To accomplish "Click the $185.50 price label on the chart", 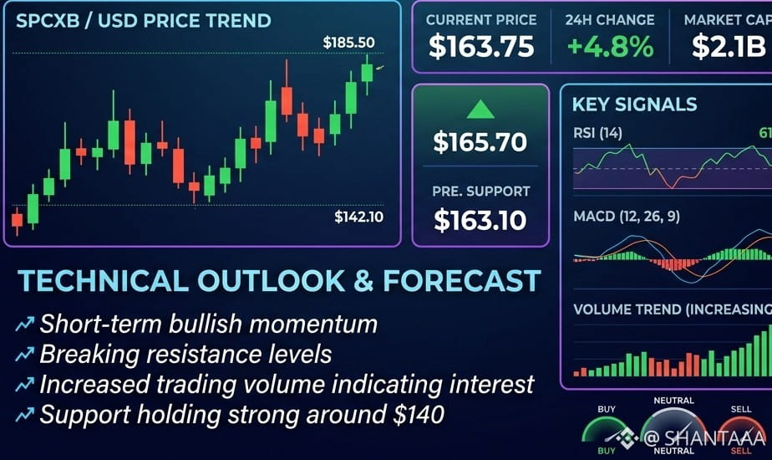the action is coord(348,43).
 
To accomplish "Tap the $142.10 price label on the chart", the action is coord(359,217).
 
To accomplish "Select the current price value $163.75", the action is coord(481,47).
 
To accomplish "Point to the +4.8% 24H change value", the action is coord(610,47).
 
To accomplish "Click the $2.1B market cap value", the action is coord(729,47).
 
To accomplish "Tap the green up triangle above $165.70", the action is coord(480,110).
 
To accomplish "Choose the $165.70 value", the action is coord(480,142).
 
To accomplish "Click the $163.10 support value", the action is coord(480,220).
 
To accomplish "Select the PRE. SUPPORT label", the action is coord(481,192).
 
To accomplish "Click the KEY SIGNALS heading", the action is coord(634,105).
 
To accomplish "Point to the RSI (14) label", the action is coord(597,133).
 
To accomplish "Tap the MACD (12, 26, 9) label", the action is coord(627,217).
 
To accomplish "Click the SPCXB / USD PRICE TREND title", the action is coord(143,21).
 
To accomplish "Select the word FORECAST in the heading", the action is coord(462,281).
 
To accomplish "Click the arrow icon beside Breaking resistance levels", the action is coord(24,354).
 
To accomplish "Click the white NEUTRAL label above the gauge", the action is coord(673,401).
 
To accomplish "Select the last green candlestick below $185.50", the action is coord(367,73).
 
